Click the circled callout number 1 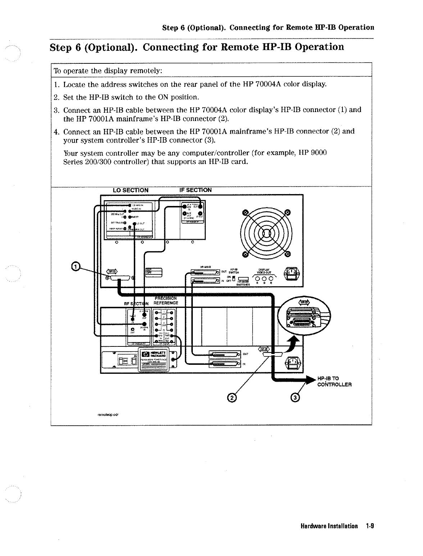point(75,266)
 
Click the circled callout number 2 point(232,398)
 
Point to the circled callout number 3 point(295,398)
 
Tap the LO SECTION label point(131,190)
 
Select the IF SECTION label point(195,190)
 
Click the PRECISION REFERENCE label point(165,301)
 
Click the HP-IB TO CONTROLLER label point(334,381)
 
